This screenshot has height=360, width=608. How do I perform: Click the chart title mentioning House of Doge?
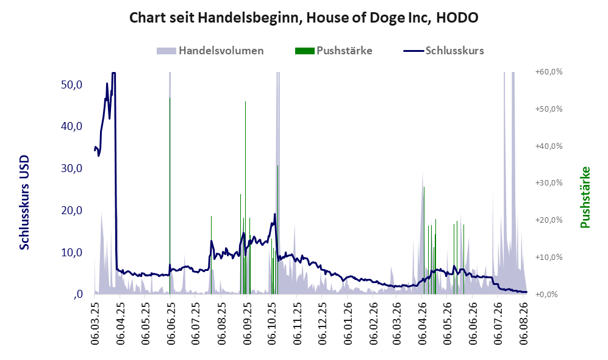pyautogui.click(x=304, y=18)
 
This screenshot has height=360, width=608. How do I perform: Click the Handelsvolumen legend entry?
pyautogui.click(x=210, y=51)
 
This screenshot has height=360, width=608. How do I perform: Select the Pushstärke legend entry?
pyautogui.click(x=334, y=51)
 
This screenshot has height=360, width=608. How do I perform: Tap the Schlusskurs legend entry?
pyautogui.click(x=443, y=51)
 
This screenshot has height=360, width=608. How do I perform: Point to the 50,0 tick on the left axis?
pyautogui.click(x=72, y=84)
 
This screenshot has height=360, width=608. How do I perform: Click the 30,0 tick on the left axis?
pyautogui.click(x=72, y=168)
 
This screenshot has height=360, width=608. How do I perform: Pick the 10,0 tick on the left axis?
pyautogui.click(x=72, y=252)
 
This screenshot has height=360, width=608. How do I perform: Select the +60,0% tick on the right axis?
pyautogui.click(x=549, y=72)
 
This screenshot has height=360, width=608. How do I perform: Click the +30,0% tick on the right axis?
pyautogui.click(x=549, y=182)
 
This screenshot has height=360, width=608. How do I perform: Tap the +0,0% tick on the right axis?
pyautogui.click(x=547, y=294)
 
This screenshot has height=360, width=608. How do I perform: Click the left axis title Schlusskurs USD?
pyautogui.click(x=24, y=203)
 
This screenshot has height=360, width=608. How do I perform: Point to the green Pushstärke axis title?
pyautogui.click(x=585, y=197)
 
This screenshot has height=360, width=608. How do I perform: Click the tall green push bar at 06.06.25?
pyautogui.click(x=170, y=196)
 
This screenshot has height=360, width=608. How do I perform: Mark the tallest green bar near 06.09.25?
pyautogui.click(x=245, y=198)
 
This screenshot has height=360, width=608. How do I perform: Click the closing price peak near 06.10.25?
pyautogui.click(x=275, y=214)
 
